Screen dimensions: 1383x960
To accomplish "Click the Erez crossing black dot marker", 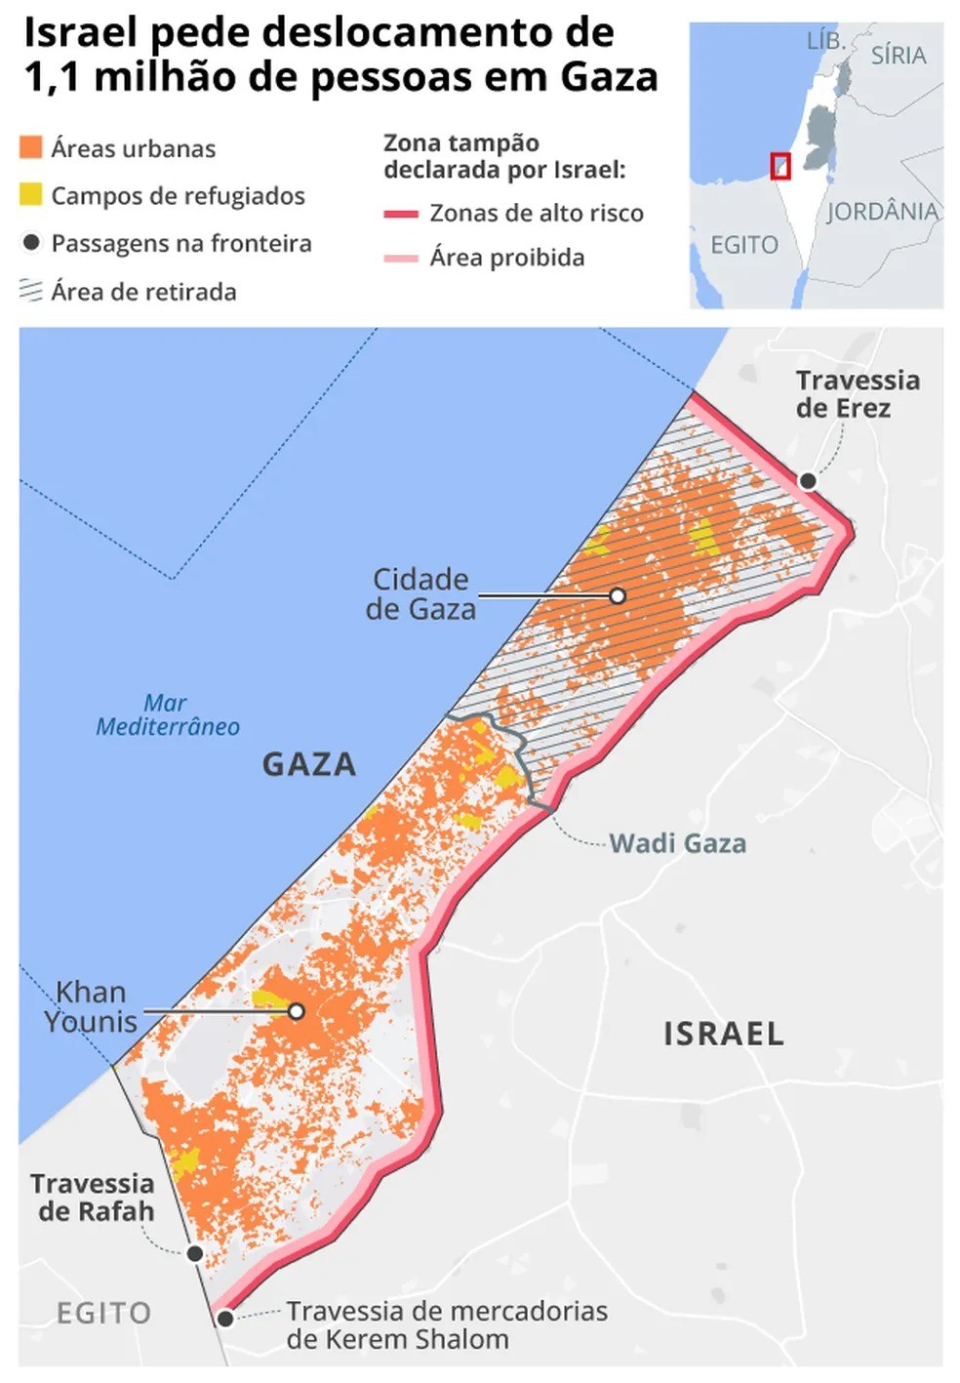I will click(808, 480).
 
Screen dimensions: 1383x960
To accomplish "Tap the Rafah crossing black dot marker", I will click(195, 1253).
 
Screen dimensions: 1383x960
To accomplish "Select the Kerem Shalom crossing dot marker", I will click(225, 1319).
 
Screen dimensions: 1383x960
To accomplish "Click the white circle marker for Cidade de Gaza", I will click(618, 595).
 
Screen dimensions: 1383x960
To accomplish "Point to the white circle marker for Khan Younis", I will click(296, 1012).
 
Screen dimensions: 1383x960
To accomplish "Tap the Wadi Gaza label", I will click(677, 843).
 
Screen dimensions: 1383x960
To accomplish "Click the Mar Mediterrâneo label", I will click(167, 714).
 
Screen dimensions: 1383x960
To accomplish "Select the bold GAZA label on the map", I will click(308, 764).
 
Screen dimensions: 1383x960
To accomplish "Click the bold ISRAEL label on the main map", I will click(723, 1034).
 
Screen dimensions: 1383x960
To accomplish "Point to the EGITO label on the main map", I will click(103, 1313).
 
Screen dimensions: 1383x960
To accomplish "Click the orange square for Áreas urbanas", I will click(31, 147).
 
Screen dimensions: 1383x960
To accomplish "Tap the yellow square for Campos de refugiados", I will click(31, 194).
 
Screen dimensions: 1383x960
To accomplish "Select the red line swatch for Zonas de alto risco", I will click(400, 213).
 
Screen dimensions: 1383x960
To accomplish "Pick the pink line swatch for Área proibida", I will click(400, 259).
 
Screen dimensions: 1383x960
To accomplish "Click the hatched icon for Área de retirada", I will click(31, 291).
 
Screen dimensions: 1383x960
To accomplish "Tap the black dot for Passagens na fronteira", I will click(31, 242).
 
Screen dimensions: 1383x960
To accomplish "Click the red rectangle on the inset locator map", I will click(780, 166).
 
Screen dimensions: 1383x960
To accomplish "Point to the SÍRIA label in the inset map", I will click(898, 56).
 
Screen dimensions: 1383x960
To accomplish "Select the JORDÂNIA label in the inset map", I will click(882, 212).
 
